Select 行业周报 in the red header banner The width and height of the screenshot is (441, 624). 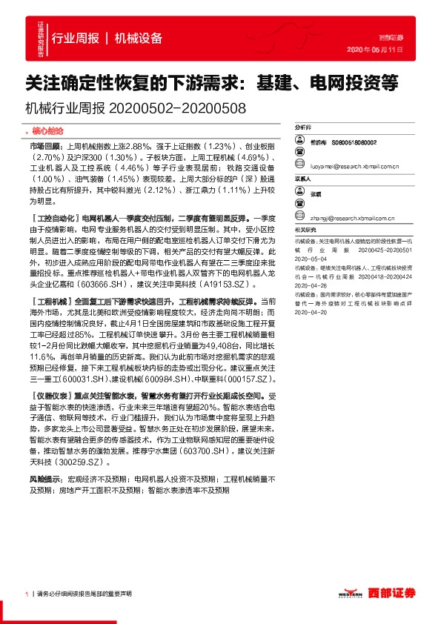tap(76, 39)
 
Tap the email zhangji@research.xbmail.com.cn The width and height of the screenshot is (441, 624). tap(351, 219)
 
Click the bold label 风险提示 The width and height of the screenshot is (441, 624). tap(45, 459)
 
